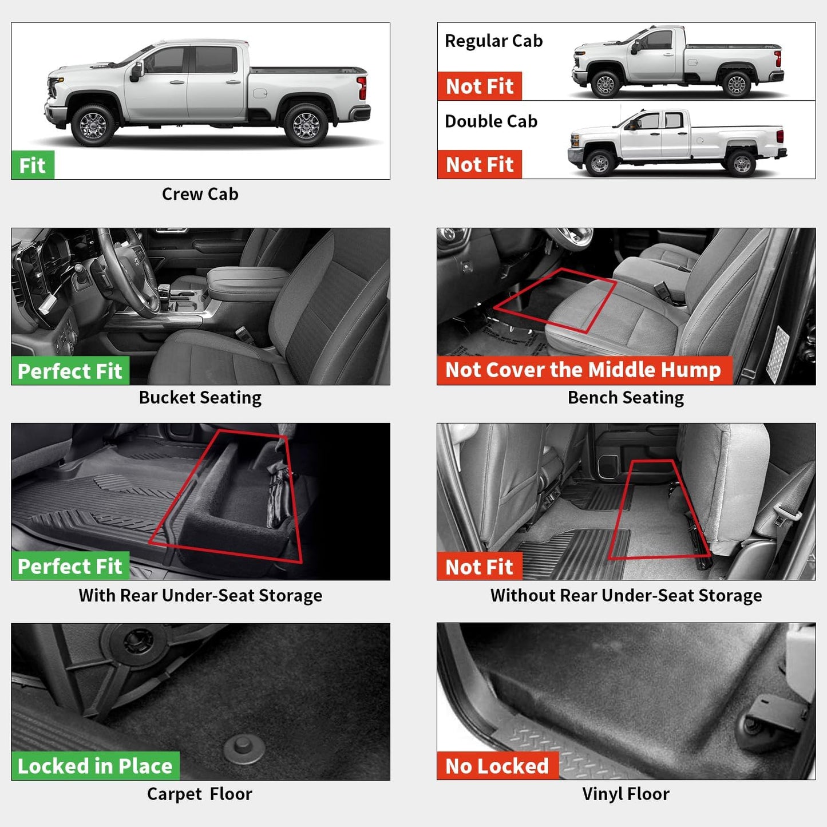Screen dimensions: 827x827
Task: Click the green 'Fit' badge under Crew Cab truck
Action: coord(33,165)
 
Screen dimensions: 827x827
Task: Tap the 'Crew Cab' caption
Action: coord(200,195)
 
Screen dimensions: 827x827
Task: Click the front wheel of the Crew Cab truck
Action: coord(93,124)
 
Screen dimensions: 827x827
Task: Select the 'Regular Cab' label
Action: coord(493,41)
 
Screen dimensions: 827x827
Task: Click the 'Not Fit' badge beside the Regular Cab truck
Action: coord(480,86)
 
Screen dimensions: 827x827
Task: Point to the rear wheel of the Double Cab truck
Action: coord(742,164)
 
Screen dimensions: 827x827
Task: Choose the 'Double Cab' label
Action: coord(491,121)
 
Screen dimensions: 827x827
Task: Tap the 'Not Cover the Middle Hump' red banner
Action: coord(584,370)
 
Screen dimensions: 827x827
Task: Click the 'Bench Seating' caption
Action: coord(626,398)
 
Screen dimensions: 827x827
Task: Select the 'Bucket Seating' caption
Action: coord(200,398)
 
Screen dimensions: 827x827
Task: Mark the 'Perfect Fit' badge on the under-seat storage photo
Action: coord(70,566)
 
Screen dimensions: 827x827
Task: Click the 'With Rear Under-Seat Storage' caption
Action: coord(200,596)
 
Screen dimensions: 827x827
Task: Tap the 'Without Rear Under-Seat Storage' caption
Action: coord(626,596)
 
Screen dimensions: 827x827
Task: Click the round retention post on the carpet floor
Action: coord(244,747)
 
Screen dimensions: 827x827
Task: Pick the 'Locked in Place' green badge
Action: coord(95,766)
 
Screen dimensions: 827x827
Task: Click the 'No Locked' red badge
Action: coord(497,766)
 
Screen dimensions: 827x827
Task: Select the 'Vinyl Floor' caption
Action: coord(626,794)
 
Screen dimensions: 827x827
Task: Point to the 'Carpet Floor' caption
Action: coord(199,794)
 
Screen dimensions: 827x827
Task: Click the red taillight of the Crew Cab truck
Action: coord(362,88)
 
